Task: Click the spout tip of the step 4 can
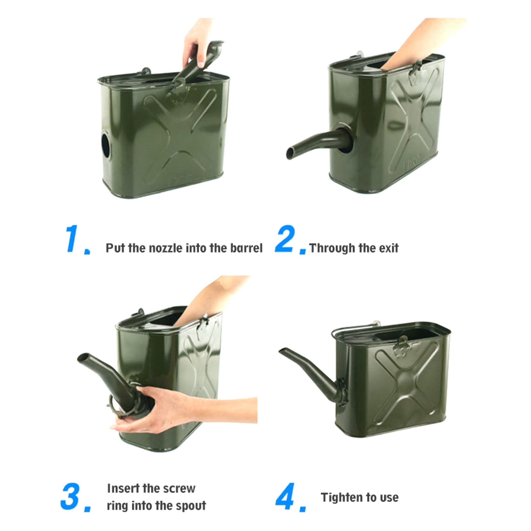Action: pyautogui.click(x=281, y=350)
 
